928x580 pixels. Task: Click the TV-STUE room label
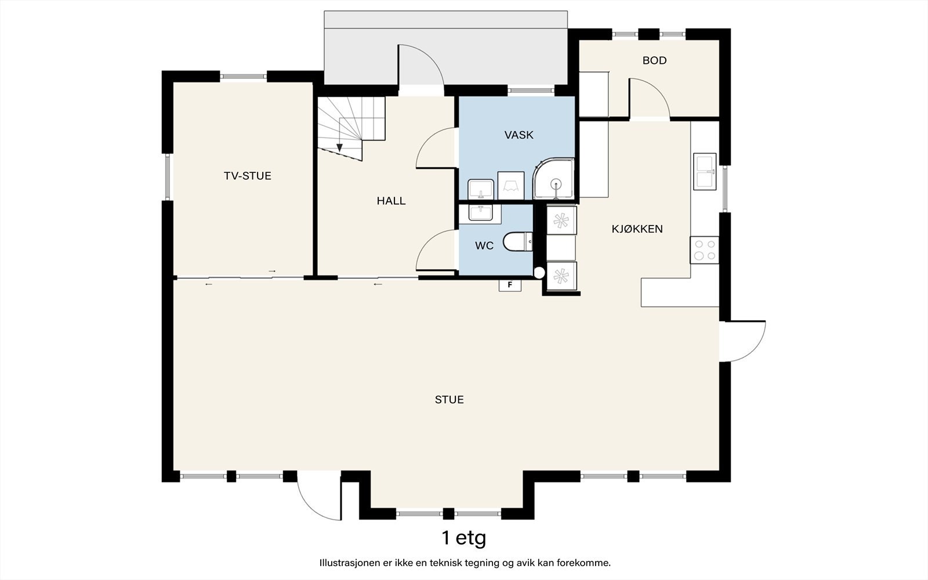click(247, 176)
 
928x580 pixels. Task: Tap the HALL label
click(391, 201)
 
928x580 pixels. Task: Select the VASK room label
click(519, 135)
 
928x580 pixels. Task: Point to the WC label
click(484, 246)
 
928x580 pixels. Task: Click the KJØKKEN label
click(637, 229)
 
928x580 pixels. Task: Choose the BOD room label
click(655, 60)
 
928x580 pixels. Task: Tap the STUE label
click(449, 400)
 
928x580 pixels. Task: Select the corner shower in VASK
click(553, 179)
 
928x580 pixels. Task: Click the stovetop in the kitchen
click(704, 250)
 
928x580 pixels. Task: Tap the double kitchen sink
click(705, 172)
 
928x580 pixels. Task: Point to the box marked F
click(510, 285)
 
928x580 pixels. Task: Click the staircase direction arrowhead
click(340, 147)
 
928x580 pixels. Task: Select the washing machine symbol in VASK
click(511, 186)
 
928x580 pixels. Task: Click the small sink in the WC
click(481, 212)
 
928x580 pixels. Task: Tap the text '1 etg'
click(463, 538)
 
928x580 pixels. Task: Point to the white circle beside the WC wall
click(539, 273)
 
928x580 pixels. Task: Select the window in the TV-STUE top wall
click(243, 76)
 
